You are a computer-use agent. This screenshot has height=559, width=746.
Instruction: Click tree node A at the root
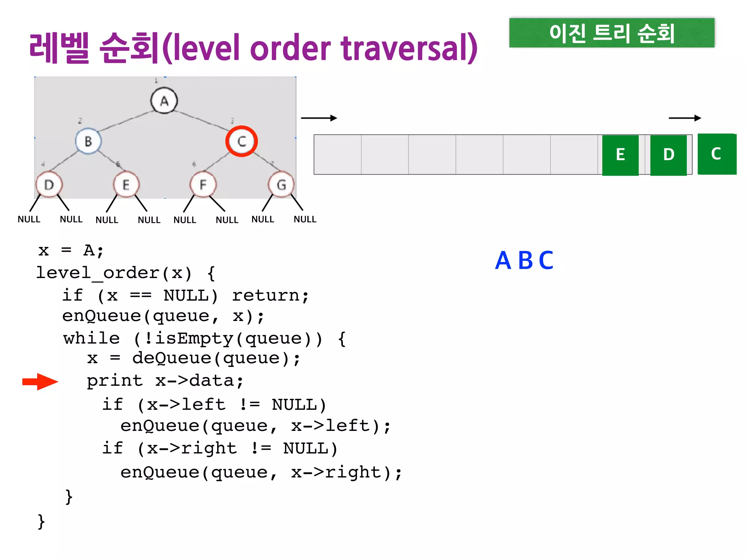pyautogui.click(x=164, y=101)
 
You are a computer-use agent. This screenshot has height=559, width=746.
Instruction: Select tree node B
pyautogui.click(x=88, y=141)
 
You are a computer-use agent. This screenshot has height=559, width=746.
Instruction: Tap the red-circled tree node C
pyautogui.click(x=242, y=141)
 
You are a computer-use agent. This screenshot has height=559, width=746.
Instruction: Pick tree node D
pyautogui.click(x=49, y=185)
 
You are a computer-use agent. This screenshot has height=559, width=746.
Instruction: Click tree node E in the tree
pyautogui.click(x=126, y=185)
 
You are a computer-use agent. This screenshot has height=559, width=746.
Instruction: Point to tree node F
pyautogui.click(x=203, y=185)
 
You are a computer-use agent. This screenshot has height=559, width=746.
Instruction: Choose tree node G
pyautogui.click(x=281, y=185)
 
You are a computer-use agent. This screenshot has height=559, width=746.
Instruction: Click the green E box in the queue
pyautogui.click(x=620, y=155)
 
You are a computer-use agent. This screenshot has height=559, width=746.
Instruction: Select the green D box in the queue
pyautogui.click(x=668, y=155)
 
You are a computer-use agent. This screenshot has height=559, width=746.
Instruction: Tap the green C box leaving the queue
pyautogui.click(x=716, y=154)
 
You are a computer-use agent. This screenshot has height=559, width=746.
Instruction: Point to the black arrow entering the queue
pyautogui.click(x=319, y=118)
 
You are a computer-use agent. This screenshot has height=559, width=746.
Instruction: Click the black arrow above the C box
pyautogui.click(x=685, y=118)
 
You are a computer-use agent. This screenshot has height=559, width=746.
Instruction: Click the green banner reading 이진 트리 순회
pyautogui.click(x=612, y=33)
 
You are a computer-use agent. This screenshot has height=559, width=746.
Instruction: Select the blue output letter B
pyautogui.click(x=525, y=261)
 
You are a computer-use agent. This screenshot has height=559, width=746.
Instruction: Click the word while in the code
pyautogui.click(x=91, y=338)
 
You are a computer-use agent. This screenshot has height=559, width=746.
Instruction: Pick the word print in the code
pyautogui.click(x=114, y=381)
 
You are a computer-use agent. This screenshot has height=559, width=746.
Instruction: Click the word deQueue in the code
pyautogui.click(x=172, y=358)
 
